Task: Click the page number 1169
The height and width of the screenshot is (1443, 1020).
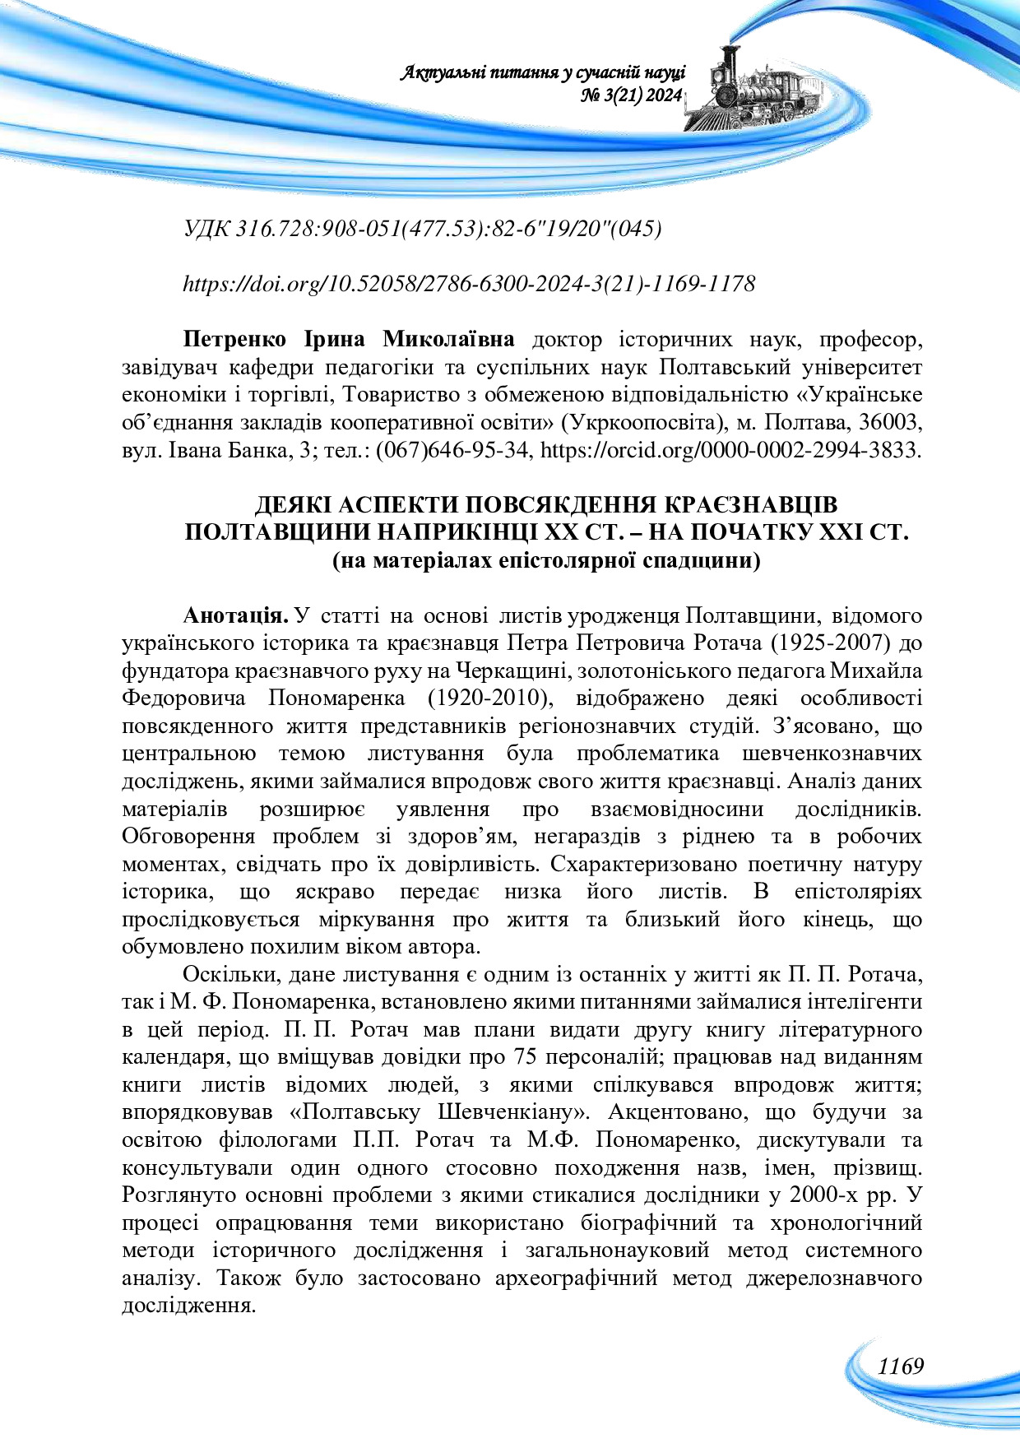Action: tap(900, 1366)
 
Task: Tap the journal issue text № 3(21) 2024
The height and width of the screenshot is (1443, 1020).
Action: tap(631, 96)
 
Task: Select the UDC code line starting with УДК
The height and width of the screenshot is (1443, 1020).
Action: tap(423, 229)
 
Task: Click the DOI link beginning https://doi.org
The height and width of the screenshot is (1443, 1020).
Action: tap(468, 284)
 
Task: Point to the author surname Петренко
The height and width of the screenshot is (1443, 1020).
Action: tap(234, 339)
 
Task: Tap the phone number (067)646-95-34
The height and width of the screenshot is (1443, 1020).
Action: tap(451, 450)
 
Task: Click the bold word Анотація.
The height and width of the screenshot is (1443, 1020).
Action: tap(235, 615)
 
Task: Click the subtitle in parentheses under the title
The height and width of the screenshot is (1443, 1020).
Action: tap(546, 561)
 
